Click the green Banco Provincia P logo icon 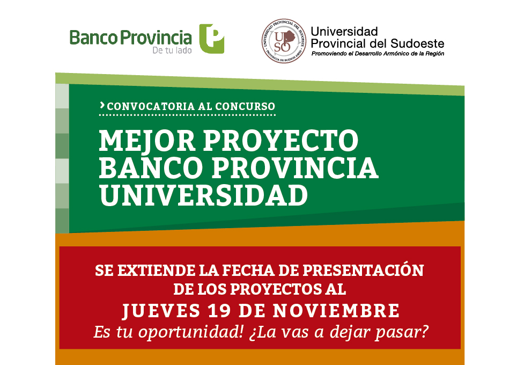(x=212, y=39)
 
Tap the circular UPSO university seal (x=284, y=41)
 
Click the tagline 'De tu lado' (x=172, y=50)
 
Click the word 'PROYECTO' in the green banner (x=280, y=140)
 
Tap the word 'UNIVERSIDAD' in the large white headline (x=203, y=195)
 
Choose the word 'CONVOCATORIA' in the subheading (x=151, y=106)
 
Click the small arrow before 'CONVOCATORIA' (x=102, y=105)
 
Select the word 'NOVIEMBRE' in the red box (x=336, y=311)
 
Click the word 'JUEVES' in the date (x=161, y=311)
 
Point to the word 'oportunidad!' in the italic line (x=191, y=332)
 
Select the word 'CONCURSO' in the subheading (x=245, y=106)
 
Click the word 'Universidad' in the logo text (x=344, y=32)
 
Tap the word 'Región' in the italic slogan (x=434, y=54)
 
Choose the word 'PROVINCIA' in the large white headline (x=295, y=167)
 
